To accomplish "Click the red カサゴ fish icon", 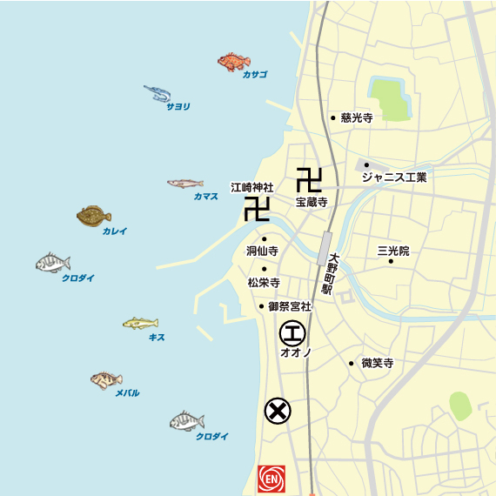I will (x=233, y=61).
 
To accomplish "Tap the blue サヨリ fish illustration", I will (x=158, y=92).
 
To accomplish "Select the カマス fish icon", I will (x=184, y=184).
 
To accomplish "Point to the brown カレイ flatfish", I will (x=93, y=215).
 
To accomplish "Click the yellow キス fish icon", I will (x=140, y=324).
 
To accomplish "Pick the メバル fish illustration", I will (x=106, y=379).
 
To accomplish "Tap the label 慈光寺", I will (x=357, y=117).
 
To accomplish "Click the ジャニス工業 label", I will (x=394, y=178).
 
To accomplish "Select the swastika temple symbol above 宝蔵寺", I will (x=309, y=179).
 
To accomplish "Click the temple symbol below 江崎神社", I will (x=256, y=209).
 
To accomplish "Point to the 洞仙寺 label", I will (x=262, y=251).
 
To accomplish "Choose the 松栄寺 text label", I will (x=263, y=282).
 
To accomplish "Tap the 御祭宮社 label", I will (x=289, y=306).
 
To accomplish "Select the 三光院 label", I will (x=392, y=250).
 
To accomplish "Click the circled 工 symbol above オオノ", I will (x=292, y=332).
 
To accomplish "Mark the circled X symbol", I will (x=278, y=411).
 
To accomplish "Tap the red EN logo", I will (x=272, y=478).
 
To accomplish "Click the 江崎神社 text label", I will (x=251, y=187).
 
